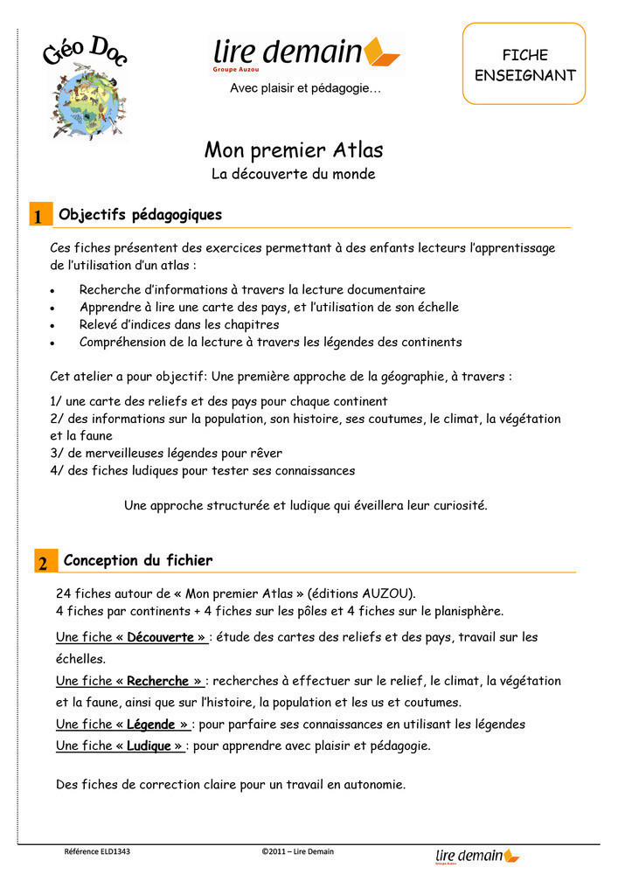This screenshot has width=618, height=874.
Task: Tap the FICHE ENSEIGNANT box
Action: (x=524, y=65)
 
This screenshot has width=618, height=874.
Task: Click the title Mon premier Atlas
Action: (x=294, y=150)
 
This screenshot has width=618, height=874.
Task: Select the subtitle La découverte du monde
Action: (x=294, y=174)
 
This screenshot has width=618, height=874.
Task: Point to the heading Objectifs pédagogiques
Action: (x=140, y=215)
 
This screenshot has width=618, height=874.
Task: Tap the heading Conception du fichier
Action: (x=138, y=560)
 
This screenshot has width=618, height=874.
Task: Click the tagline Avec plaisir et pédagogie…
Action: (x=305, y=88)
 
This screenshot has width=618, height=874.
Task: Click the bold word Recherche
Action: (x=158, y=681)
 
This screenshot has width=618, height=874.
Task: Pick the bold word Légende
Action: (x=151, y=725)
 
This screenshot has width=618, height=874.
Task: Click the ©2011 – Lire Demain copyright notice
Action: (x=297, y=851)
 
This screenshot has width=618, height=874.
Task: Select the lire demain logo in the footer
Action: (x=476, y=856)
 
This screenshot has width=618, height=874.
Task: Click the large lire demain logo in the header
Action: (x=306, y=54)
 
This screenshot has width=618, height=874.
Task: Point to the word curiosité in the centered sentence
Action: (x=455, y=506)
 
